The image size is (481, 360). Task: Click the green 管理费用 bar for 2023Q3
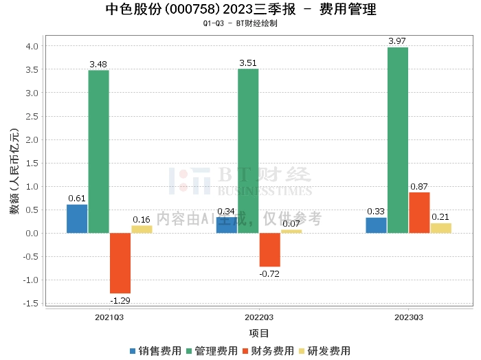(x=398, y=140)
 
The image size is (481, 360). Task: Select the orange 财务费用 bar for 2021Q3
(x=120, y=263)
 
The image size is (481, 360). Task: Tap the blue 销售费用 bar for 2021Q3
(x=77, y=219)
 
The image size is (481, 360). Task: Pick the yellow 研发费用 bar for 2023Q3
(x=441, y=228)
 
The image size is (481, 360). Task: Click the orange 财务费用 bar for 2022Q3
(x=269, y=250)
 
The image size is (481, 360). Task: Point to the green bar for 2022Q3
(x=248, y=151)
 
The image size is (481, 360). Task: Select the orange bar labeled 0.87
(x=419, y=213)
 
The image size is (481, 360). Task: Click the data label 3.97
(x=397, y=41)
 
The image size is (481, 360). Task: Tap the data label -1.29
(x=120, y=300)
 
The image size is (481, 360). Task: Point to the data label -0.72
(x=269, y=274)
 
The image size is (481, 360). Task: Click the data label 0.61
(x=77, y=198)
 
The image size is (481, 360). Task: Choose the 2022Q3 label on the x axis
(x=259, y=317)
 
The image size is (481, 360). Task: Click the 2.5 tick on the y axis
(x=32, y=117)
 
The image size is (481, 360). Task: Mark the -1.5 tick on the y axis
(x=31, y=303)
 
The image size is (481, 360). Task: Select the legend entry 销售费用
(x=155, y=351)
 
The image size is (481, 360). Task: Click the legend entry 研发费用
(x=325, y=351)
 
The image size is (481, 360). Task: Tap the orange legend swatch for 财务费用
(x=245, y=351)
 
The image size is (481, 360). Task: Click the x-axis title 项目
(x=259, y=333)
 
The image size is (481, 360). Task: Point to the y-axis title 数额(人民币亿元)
(x=14, y=171)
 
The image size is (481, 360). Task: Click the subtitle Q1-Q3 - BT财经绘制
(x=240, y=23)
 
